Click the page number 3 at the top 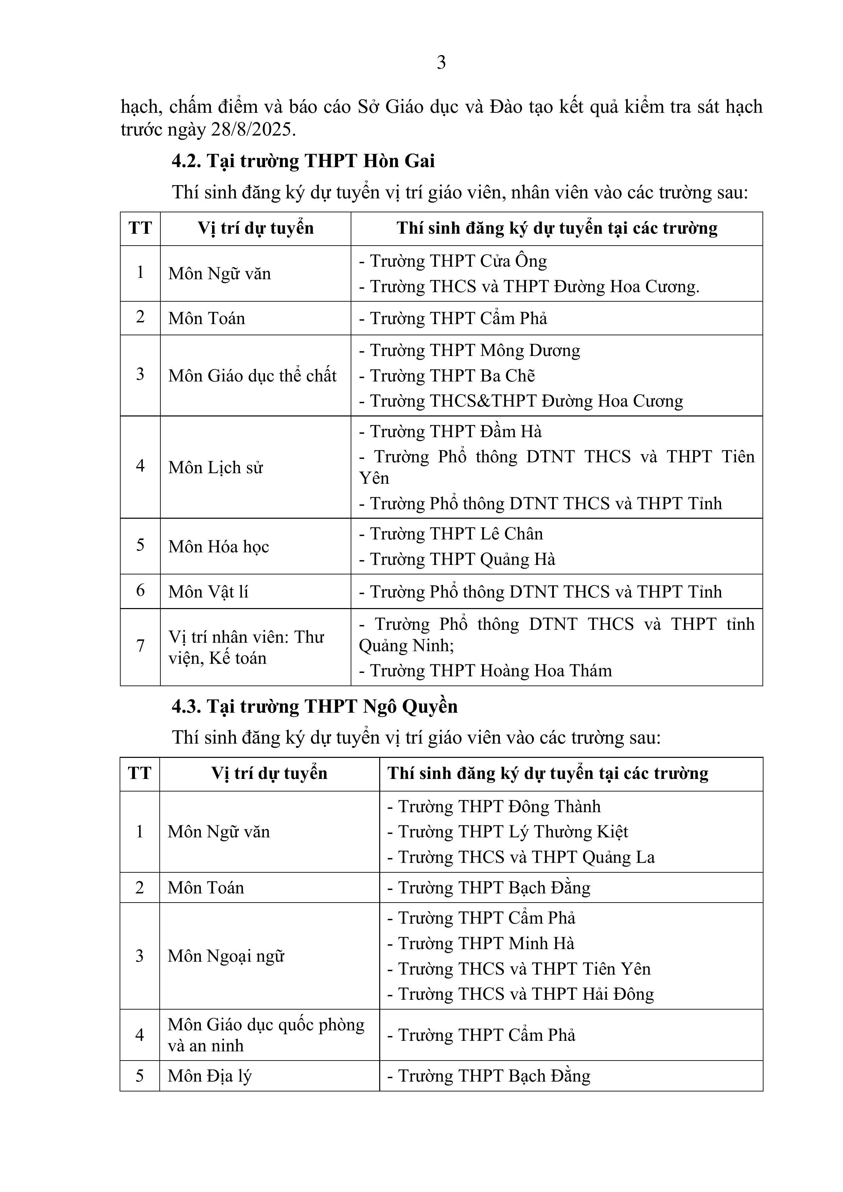(x=441, y=63)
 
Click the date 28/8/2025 (x=253, y=129)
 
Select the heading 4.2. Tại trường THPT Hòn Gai (x=303, y=161)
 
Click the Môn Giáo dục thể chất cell (x=252, y=375)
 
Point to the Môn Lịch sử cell (x=215, y=467)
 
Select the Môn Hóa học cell (x=219, y=546)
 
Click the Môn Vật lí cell (x=208, y=591)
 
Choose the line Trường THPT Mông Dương (x=470, y=351)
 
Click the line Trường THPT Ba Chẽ (x=447, y=375)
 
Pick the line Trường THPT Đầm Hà (x=450, y=431)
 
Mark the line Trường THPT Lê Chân (x=451, y=534)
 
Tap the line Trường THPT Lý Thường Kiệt (x=507, y=832)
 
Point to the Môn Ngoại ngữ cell (x=226, y=956)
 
